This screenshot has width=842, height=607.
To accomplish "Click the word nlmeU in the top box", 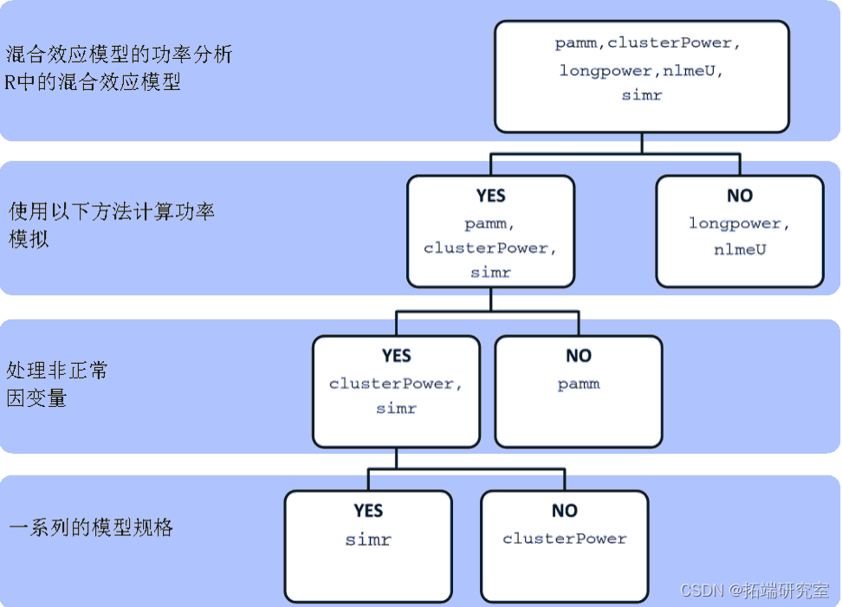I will coord(693,71).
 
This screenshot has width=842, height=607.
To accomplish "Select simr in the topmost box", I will coord(642,95).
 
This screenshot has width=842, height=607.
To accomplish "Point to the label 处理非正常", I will coord(57,371).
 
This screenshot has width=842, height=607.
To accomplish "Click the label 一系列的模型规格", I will coord(91,527).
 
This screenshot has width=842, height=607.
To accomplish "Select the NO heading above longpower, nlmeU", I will coord(740,196).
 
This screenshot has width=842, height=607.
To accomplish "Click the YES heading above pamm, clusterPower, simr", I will coord(490,196).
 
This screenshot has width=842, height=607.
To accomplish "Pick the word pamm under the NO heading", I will coord(579,384).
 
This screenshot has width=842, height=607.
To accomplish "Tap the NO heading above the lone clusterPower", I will coord(565,511).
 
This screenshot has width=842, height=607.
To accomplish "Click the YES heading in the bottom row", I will coord(368,511).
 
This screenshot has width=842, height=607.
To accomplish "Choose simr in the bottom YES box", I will coord(368,539).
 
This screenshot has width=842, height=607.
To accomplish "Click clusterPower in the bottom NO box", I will coord(565,539).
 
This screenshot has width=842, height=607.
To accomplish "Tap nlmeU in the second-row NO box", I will coord(740,249).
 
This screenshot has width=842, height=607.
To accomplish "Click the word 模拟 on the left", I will coord(29,240).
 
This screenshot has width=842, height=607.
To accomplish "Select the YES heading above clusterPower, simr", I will coord(396,356).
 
